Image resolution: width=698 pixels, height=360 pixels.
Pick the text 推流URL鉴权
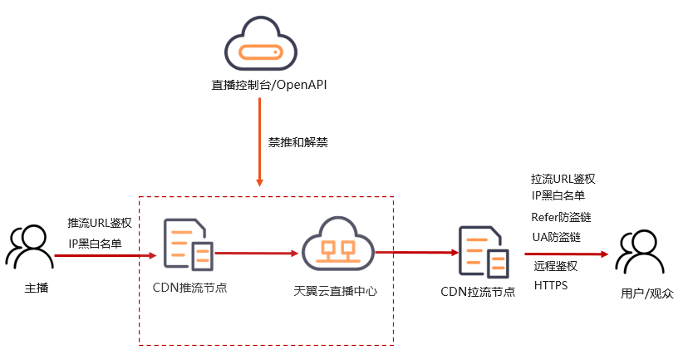coord(100,223)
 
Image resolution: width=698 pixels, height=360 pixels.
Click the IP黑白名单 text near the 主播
coord(95,244)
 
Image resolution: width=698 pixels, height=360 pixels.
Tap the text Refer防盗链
coord(562,217)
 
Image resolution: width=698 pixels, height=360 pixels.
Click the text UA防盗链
coord(556,238)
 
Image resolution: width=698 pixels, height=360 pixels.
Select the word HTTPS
coord(551,286)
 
